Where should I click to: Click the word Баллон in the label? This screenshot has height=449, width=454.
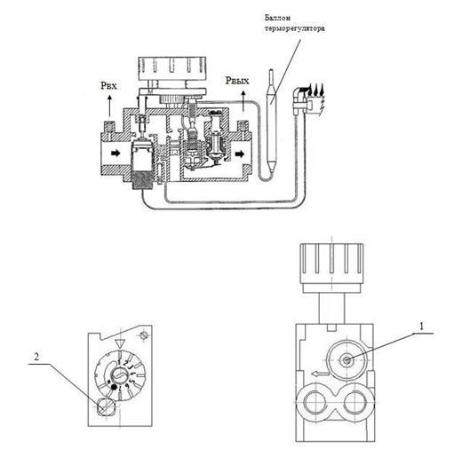277,18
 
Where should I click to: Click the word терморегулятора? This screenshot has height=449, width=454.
295,28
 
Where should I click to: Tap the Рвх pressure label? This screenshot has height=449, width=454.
108,85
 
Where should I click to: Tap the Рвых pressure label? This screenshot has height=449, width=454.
237,80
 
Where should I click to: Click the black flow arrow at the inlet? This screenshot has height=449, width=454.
115,153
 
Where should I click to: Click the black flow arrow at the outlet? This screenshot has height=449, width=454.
240,154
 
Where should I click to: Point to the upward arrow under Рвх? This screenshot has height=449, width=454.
109,106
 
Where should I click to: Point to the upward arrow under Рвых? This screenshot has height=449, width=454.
243,101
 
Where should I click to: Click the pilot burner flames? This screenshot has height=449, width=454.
316,89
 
